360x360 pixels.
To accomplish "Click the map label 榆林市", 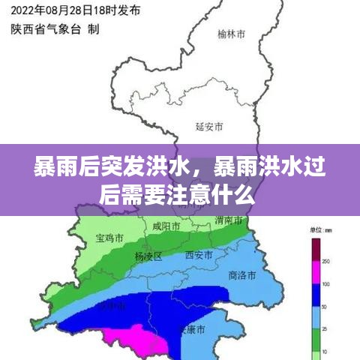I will coord(232,34).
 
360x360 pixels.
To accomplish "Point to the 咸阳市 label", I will coord(166,226).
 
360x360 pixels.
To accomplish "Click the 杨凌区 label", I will coord(148,256).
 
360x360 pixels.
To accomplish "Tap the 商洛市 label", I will coord(243,274).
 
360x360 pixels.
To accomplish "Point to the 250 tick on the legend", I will coord(326,261).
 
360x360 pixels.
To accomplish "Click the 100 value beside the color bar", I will coord(326,284).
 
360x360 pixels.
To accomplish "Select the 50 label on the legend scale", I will coord(325,307).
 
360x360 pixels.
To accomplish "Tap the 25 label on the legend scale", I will coord(325,331).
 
